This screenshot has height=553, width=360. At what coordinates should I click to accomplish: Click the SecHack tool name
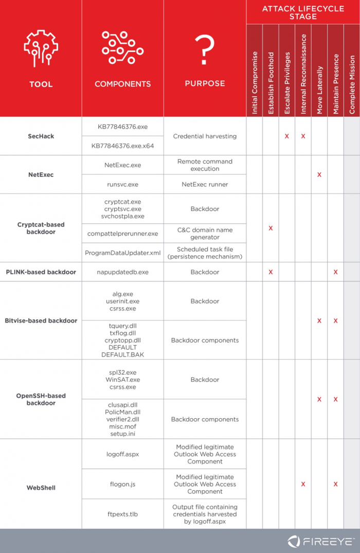[x=41, y=136]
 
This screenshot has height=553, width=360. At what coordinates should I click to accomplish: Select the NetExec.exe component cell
[x=122, y=165]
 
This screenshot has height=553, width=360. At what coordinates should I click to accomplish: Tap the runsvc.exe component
[x=122, y=184]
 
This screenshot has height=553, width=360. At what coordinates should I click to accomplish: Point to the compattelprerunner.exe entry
[x=122, y=234]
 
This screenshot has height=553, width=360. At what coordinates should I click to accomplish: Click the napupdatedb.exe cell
[x=122, y=272]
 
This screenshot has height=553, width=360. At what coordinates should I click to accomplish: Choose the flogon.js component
[x=122, y=484]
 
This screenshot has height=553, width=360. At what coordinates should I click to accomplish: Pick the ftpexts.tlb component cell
[x=122, y=514]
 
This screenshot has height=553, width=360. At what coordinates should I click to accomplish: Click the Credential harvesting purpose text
[x=205, y=136]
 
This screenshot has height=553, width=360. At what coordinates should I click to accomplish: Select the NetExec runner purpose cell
[x=205, y=184]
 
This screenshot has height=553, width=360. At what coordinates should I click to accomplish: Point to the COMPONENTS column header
[x=122, y=84]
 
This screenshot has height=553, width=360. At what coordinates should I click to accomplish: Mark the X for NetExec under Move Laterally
[x=319, y=175]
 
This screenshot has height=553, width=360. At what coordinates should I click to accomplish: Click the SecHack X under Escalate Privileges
[x=287, y=136]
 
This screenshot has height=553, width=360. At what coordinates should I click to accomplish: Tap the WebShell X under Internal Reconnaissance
[x=303, y=484]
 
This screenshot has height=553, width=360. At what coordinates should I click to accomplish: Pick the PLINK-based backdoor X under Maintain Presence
[x=336, y=272]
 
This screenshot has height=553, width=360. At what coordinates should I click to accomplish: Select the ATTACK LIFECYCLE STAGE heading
[x=303, y=12]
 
